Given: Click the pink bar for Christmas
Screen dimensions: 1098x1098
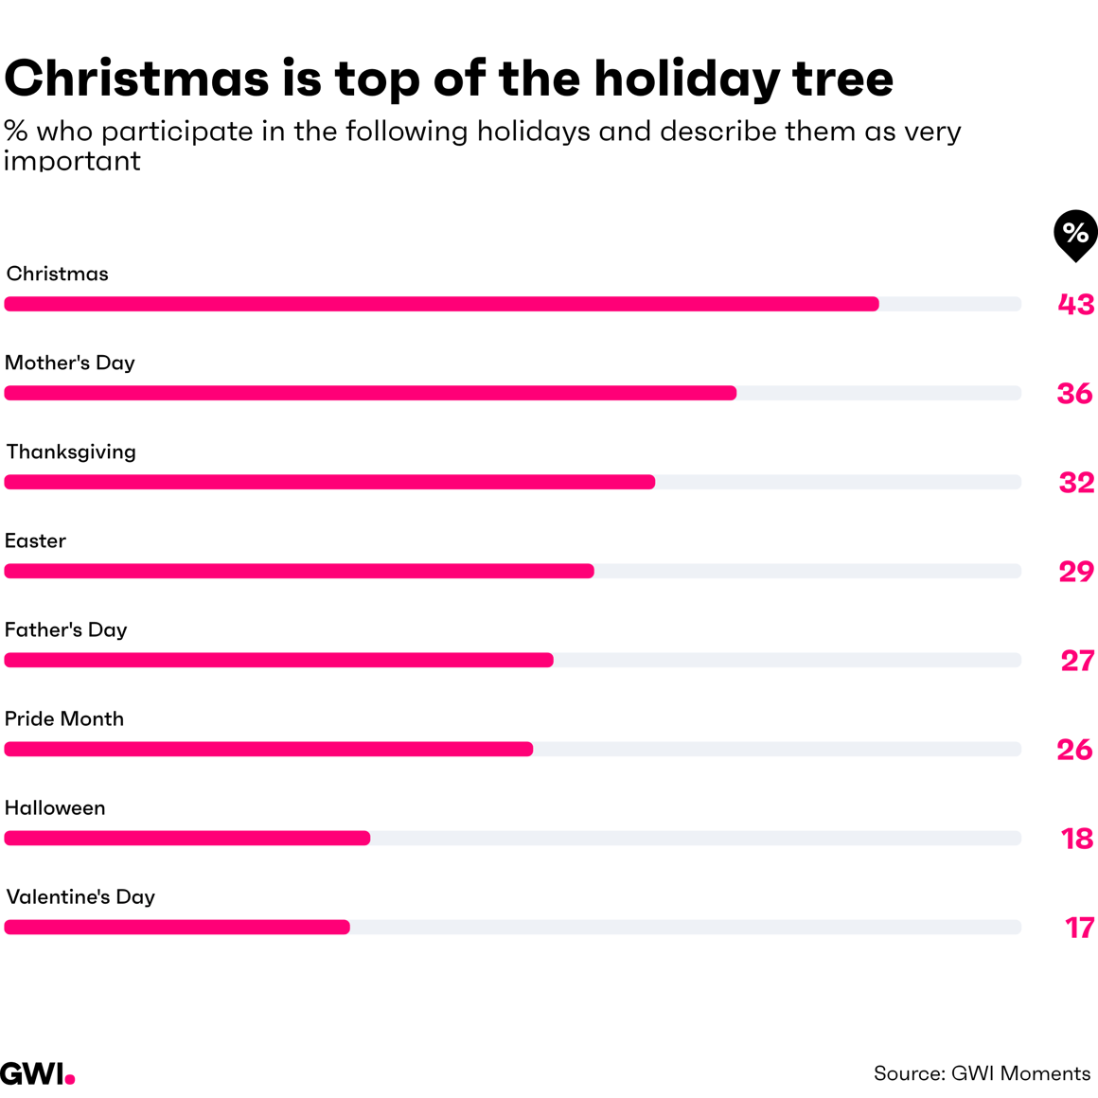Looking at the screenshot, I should pos(441,304).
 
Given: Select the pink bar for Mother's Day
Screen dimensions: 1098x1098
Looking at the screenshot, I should pos(370,393).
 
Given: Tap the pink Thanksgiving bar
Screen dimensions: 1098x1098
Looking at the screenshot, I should pos(329,482).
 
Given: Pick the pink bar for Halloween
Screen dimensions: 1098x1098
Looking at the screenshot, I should pos(187,838).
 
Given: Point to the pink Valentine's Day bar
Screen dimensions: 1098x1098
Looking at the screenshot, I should pos(177,927).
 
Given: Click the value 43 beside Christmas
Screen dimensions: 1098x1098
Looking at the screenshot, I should pos(1076,304).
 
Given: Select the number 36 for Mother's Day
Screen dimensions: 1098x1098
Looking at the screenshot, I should pos(1075,393).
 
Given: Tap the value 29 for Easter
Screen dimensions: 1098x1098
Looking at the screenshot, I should pos(1076,571).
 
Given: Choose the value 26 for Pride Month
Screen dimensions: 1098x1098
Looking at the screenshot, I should pos(1075,749).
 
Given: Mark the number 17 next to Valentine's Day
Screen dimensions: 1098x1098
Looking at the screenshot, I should pos(1079,927).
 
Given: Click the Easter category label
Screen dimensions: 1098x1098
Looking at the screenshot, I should pos(35,540).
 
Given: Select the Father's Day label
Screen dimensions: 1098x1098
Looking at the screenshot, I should pos(65,629).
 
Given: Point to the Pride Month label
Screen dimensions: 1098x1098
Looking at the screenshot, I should pos(64,718).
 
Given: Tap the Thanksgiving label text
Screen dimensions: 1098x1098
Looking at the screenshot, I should pos(71,452).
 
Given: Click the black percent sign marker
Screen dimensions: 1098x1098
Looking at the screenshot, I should pos(1075,233).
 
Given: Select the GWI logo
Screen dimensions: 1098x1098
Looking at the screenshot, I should pos(37,1073).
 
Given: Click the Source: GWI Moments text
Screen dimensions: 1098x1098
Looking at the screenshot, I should pos(982,1073).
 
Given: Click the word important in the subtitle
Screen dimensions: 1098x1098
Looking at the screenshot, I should pos(72,161).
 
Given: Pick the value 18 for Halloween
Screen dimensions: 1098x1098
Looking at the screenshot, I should pos(1077,838).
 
